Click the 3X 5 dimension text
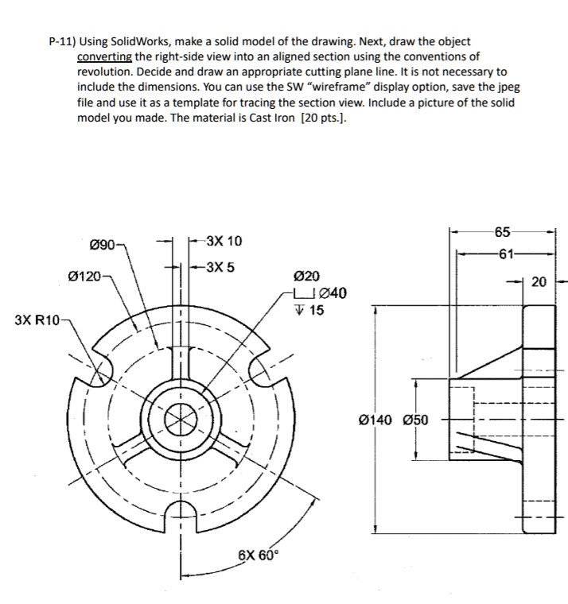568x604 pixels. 220,266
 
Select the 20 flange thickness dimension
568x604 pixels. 539,281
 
